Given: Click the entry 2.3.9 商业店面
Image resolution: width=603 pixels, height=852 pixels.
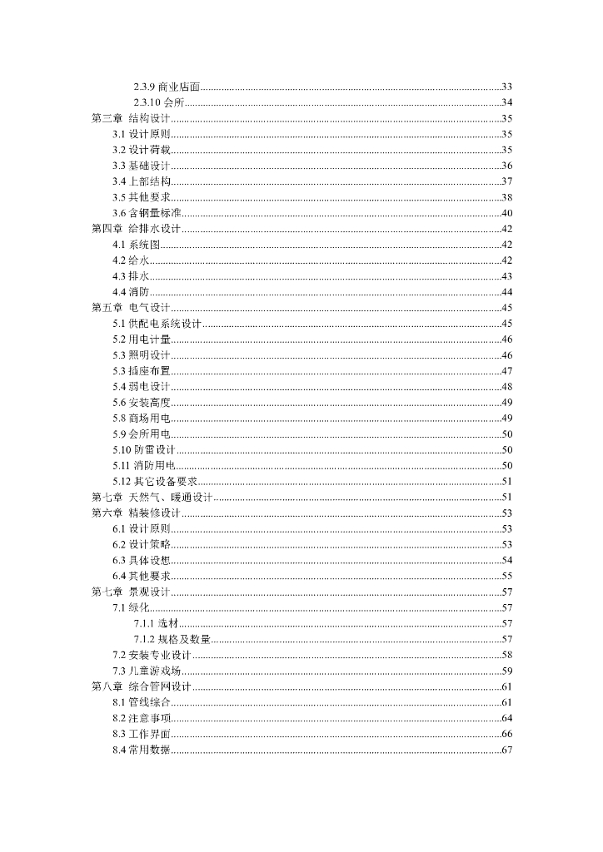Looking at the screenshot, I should click(167, 87).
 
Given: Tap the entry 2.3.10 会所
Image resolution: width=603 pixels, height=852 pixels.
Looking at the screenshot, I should click(159, 103).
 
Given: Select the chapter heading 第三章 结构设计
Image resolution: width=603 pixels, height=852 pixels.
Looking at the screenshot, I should click(131, 119).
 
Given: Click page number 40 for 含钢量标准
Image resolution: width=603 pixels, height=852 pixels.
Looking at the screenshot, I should click(506, 213).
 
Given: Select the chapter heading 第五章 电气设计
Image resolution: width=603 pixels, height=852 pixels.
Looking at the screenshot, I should click(131, 308).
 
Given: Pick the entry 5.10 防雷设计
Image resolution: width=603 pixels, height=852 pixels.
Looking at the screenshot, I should click(144, 450).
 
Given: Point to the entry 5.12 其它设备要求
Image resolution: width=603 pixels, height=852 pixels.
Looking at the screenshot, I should click(155, 482).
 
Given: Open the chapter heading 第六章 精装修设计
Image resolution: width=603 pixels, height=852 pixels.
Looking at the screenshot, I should click(136, 513).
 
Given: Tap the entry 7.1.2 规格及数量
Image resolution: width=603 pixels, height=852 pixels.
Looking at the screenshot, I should click(172, 639).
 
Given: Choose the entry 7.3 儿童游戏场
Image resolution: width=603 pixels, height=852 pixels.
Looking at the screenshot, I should click(147, 671).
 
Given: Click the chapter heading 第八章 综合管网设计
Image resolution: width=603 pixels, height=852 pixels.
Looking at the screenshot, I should click(141, 686).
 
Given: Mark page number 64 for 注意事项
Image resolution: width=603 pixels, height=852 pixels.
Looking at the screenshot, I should click(506, 718).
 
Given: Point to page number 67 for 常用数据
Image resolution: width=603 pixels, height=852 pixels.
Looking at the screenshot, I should click(506, 750).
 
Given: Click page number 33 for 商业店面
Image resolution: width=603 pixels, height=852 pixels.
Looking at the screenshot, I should click(506, 87).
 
